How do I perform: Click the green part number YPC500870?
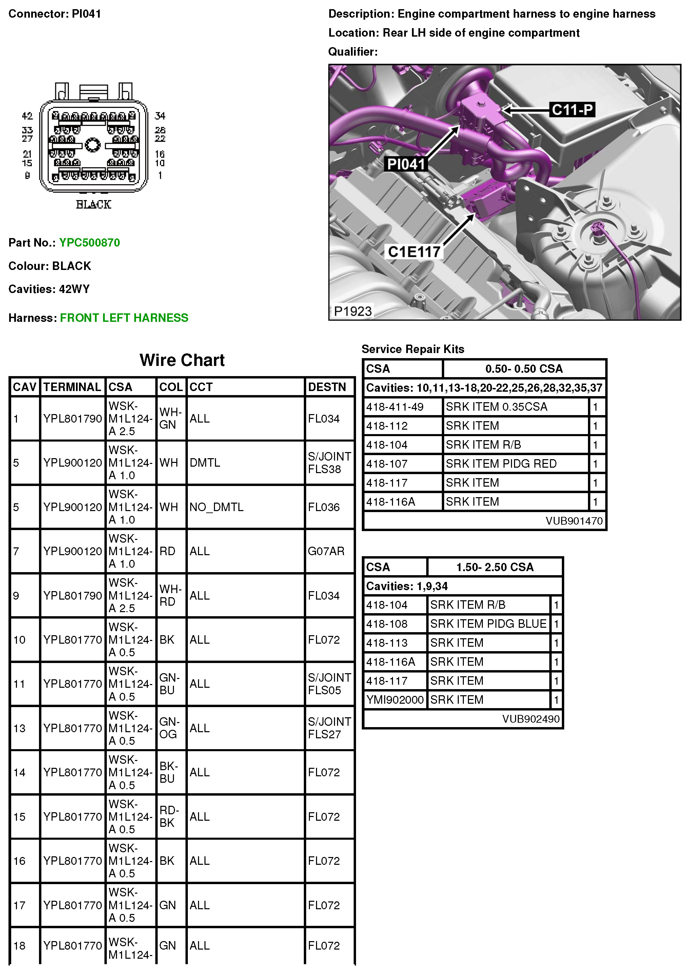tap(90, 242)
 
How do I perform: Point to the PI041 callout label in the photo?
tap(406, 164)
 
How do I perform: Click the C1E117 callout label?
tap(414, 252)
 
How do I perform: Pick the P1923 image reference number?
tap(353, 311)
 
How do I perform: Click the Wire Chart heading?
tap(182, 360)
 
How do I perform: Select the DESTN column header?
tap(327, 387)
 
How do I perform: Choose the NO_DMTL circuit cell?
tap(216, 507)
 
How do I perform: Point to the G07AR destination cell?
tap(326, 551)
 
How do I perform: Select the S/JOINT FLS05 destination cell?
tap(329, 684)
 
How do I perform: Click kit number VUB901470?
tap(574, 521)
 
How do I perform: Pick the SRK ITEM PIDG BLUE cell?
tap(488, 624)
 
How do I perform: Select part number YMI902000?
tap(395, 700)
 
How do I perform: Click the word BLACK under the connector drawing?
tap(93, 204)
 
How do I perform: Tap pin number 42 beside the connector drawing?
tap(27, 116)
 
